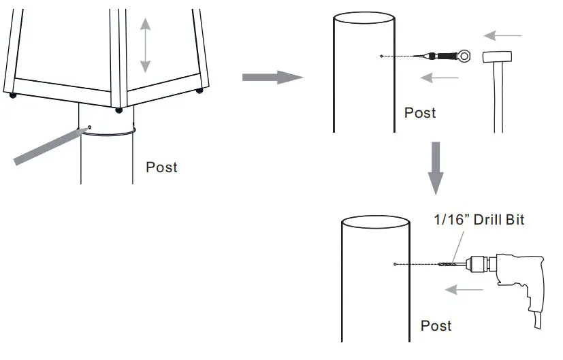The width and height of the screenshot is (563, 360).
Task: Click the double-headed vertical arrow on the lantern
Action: (145, 46)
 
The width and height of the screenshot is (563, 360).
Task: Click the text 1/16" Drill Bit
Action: (479, 220)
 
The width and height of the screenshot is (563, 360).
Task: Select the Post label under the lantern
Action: (161, 167)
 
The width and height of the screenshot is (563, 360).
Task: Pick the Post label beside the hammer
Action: (420, 112)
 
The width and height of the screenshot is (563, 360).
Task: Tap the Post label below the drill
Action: (436, 325)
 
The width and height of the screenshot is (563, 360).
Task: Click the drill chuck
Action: (477, 264)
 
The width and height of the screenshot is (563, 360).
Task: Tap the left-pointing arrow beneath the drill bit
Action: (464, 291)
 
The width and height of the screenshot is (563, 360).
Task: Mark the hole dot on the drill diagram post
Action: (396, 264)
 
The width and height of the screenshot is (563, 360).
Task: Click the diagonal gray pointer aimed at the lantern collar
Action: (48, 146)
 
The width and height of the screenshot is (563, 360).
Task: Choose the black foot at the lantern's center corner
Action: (119, 110)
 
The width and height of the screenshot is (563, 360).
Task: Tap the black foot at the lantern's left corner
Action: (13, 95)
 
